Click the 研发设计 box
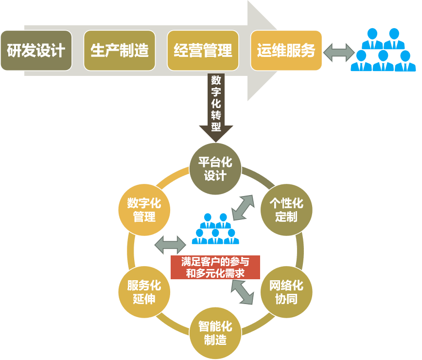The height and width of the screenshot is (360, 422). pyautogui.click(x=36, y=51)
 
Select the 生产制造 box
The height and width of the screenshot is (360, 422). pyautogui.click(x=120, y=51)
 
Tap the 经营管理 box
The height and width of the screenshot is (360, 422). pyautogui.click(x=203, y=51)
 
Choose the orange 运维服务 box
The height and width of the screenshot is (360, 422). pyautogui.click(x=286, y=51)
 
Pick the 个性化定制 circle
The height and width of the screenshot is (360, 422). pyautogui.click(x=286, y=210)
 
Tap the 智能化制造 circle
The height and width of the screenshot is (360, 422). pyautogui.click(x=215, y=333)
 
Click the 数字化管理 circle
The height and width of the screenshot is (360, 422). pyautogui.click(x=144, y=210)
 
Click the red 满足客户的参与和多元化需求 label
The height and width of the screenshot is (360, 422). pyautogui.click(x=215, y=268)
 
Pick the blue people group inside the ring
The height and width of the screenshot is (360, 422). pyautogui.click(x=215, y=229)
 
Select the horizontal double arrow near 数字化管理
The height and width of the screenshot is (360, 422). pyautogui.click(x=170, y=244)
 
